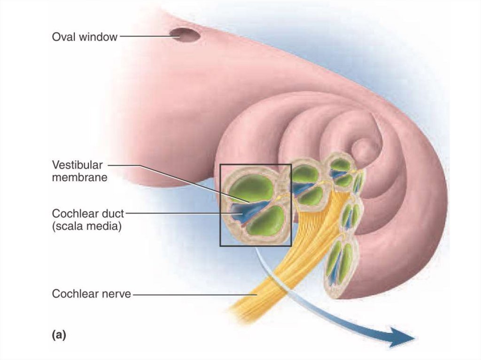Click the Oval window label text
pyautogui.click(x=85, y=37)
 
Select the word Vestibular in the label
pyautogui.click(x=77, y=165)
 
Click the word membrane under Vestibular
pyautogui.click(x=80, y=178)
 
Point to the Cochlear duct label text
pyautogui.click(x=88, y=214)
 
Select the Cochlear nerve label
pyautogui.click(x=91, y=294)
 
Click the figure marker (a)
pyautogui.click(x=58, y=335)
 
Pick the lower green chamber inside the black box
pyautogui.click(x=266, y=220)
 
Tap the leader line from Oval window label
pyautogui.click(x=144, y=36)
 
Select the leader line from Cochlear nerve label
pyautogui.click(x=193, y=295)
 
